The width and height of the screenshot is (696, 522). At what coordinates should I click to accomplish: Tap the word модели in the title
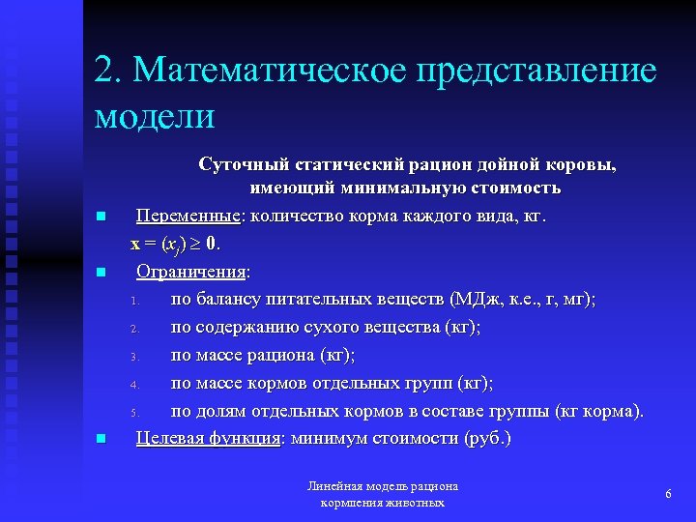pyautogui.click(x=155, y=115)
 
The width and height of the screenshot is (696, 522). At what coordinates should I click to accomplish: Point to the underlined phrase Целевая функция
pyautogui.click(x=208, y=438)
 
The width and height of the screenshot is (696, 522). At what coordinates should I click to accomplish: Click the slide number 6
pyautogui.click(x=668, y=494)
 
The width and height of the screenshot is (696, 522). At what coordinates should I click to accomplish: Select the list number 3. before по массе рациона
pyautogui.click(x=136, y=357)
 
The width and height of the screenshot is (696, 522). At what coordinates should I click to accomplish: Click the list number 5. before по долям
pyautogui.click(x=136, y=413)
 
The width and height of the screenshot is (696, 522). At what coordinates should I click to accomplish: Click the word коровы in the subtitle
pyautogui.click(x=581, y=164)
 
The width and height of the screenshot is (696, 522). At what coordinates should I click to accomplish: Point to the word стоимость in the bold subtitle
pyautogui.click(x=517, y=188)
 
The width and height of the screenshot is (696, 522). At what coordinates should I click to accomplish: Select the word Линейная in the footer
pyautogui.click(x=334, y=486)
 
